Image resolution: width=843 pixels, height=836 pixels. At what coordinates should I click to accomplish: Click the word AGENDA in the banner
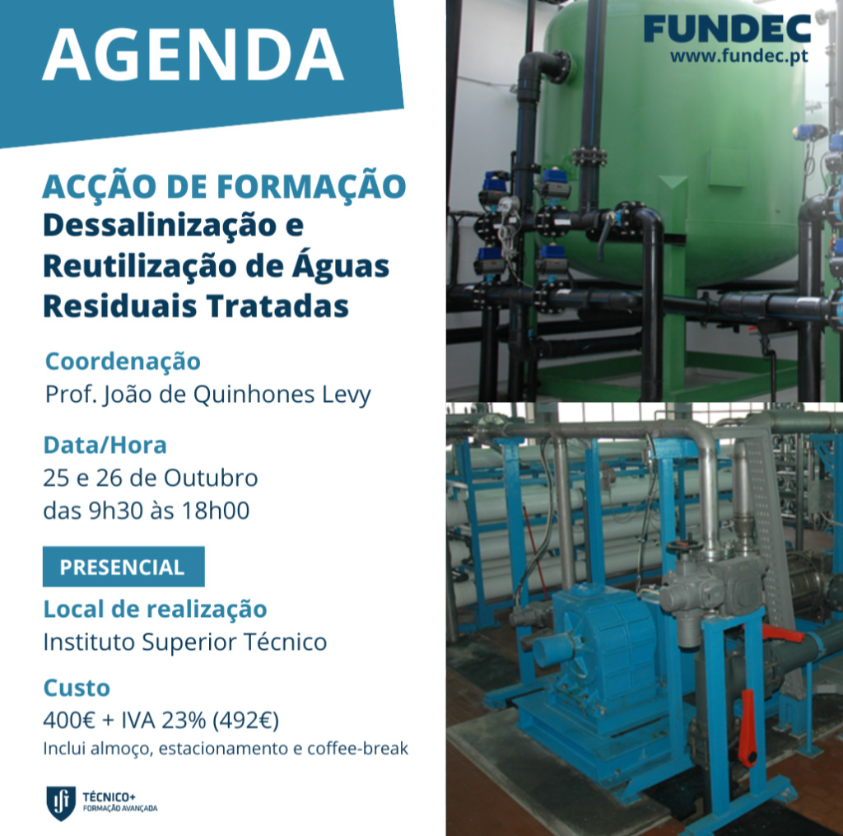click(x=193, y=54)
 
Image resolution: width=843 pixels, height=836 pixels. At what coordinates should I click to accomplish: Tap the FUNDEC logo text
click(x=728, y=29)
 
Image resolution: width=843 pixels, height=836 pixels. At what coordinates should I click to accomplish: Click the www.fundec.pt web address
click(x=738, y=56)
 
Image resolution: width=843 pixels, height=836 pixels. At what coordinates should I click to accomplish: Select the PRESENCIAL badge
click(x=123, y=567)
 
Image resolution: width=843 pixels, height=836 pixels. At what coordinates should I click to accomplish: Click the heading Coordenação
click(x=123, y=361)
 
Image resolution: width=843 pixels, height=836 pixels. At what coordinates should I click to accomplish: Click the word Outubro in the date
click(x=211, y=478)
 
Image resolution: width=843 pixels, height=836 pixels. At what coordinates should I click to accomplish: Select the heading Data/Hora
click(x=105, y=446)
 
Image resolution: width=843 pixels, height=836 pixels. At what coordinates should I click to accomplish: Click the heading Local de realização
click(x=155, y=609)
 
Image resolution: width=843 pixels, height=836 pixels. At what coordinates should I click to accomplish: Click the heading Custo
click(x=77, y=688)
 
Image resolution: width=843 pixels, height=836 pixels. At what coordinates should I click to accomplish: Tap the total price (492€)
click(x=245, y=720)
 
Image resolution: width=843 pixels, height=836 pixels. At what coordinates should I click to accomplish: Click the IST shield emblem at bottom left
click(x=61, y=803)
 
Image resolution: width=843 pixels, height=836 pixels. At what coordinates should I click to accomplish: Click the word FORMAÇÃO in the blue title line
click(x=311, y=186)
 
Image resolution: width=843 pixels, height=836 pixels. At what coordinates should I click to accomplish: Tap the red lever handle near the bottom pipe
click(x=748, y=728)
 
